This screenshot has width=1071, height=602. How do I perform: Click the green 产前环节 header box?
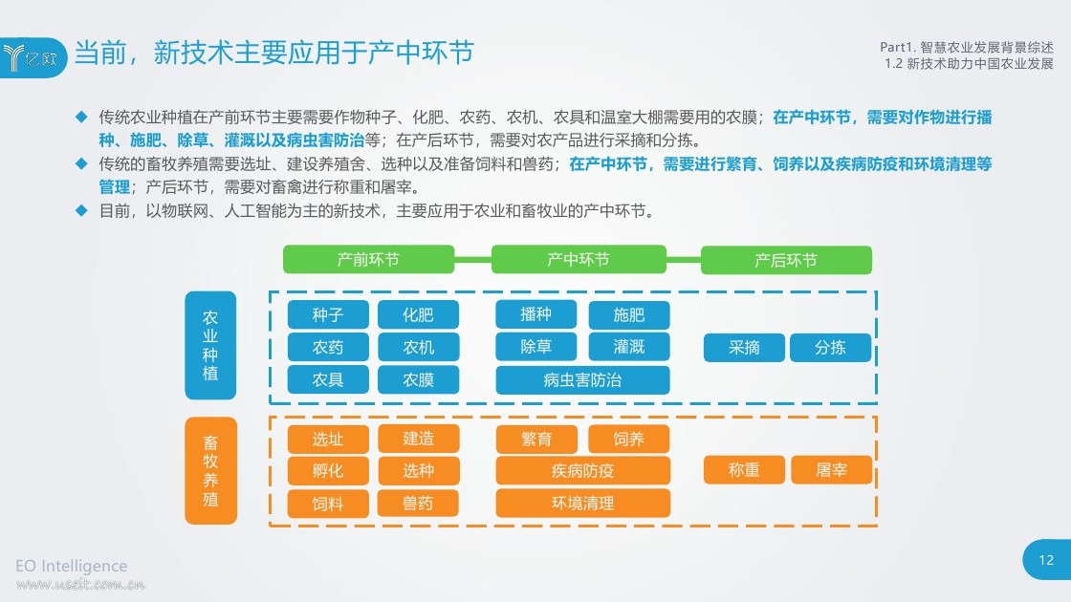[369, 259]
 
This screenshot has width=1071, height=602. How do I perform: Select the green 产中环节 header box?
[579, 259]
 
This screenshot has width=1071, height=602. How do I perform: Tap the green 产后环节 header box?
[786, 260]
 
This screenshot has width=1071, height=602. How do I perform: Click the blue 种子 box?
[328, 314]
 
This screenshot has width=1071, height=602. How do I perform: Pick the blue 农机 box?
[418, 348]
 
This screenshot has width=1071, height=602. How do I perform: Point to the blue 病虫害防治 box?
[582, 380]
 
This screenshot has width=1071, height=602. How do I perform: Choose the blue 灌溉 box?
[629, 347]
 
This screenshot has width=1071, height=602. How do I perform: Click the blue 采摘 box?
[744, 348]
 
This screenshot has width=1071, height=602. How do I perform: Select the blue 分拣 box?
[831, 348]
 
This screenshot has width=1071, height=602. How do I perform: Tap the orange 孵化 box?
[328, 471]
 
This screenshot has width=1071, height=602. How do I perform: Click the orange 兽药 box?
[418, 504]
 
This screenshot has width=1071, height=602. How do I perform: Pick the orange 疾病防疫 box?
[582, 470]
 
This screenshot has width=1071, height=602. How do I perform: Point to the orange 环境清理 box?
[582, 503]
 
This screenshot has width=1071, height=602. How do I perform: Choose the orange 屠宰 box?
[831, 469]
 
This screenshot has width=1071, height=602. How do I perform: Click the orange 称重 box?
[744, 469]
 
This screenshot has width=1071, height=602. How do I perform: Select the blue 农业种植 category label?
[210, 345]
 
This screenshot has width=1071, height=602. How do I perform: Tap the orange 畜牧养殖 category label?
[210, 471]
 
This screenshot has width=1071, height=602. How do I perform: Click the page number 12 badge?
[1046, 560]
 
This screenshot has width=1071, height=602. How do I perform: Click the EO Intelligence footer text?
[71, 566]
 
